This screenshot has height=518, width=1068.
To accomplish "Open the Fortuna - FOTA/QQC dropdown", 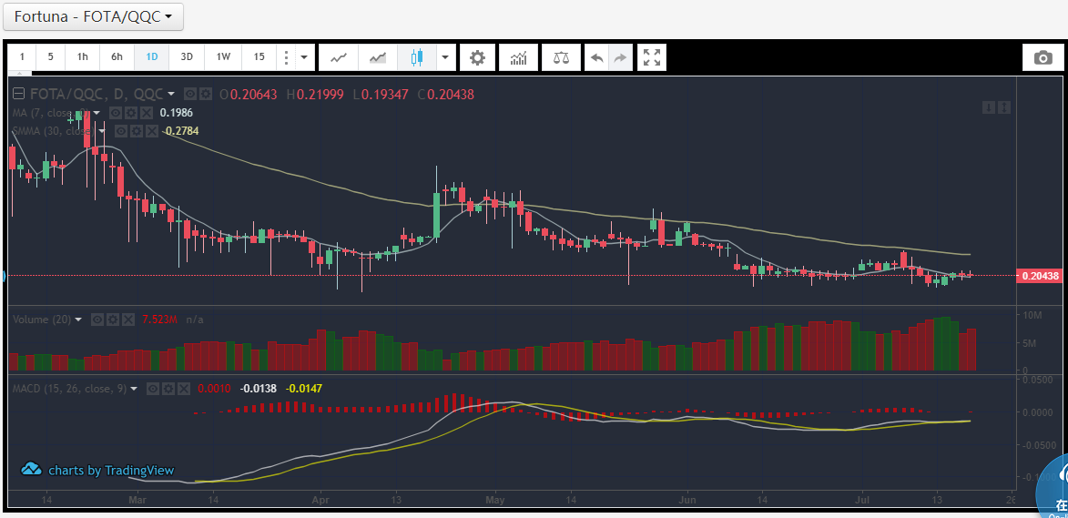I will [94, 16].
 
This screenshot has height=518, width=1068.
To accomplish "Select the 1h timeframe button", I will [83, 57].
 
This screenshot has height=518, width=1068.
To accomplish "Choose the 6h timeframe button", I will [117, 57].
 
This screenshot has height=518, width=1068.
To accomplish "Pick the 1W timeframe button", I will [223, 57].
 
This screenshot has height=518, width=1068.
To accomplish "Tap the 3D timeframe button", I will [187, 57].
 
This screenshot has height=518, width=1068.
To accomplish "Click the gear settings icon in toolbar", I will [477, 57].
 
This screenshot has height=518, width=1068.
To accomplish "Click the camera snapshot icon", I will [1043, 57].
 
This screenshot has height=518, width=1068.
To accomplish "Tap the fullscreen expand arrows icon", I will [652, 57].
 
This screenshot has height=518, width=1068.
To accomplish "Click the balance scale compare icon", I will [561, 57].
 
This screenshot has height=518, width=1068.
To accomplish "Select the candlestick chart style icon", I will [417, 57].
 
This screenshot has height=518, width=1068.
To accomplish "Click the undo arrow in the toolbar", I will [596, 57].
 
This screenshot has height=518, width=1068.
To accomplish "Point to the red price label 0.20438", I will [1039, 275].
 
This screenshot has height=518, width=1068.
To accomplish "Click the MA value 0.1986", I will [176, 113].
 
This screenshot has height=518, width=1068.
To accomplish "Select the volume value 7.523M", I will [160, 320].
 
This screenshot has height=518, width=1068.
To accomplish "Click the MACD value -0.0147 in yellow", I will [303, 389].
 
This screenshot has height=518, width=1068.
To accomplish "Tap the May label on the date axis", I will [494, 500].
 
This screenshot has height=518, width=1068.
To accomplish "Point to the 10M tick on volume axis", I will [1032, 315].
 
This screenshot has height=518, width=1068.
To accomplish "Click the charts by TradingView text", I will [110, 471].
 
